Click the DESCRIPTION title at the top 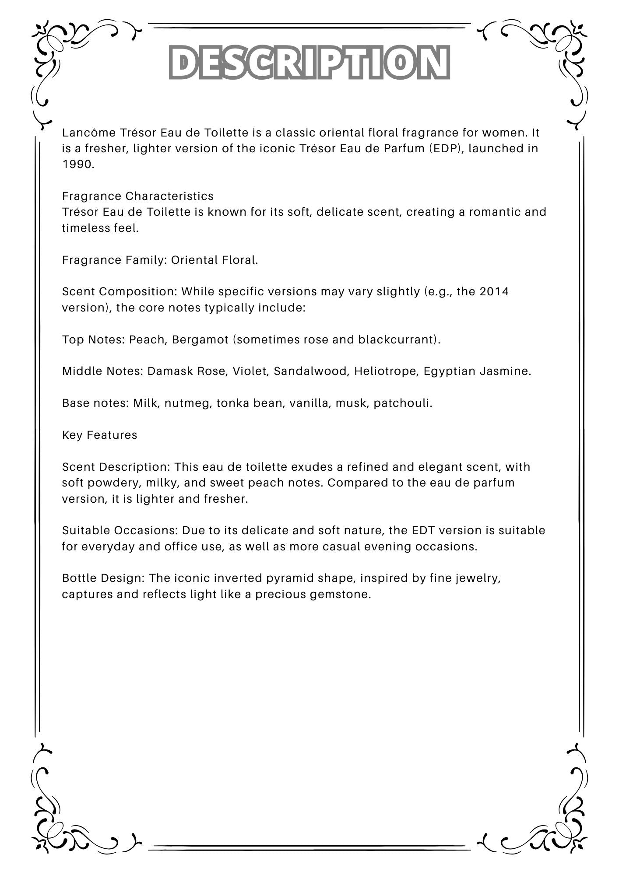[x=309, y=62]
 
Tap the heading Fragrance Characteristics [x=138, y=196]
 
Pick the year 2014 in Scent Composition [x=494, y=291]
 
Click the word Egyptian [x=449, y=371]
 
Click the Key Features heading [x=100, y=435]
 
